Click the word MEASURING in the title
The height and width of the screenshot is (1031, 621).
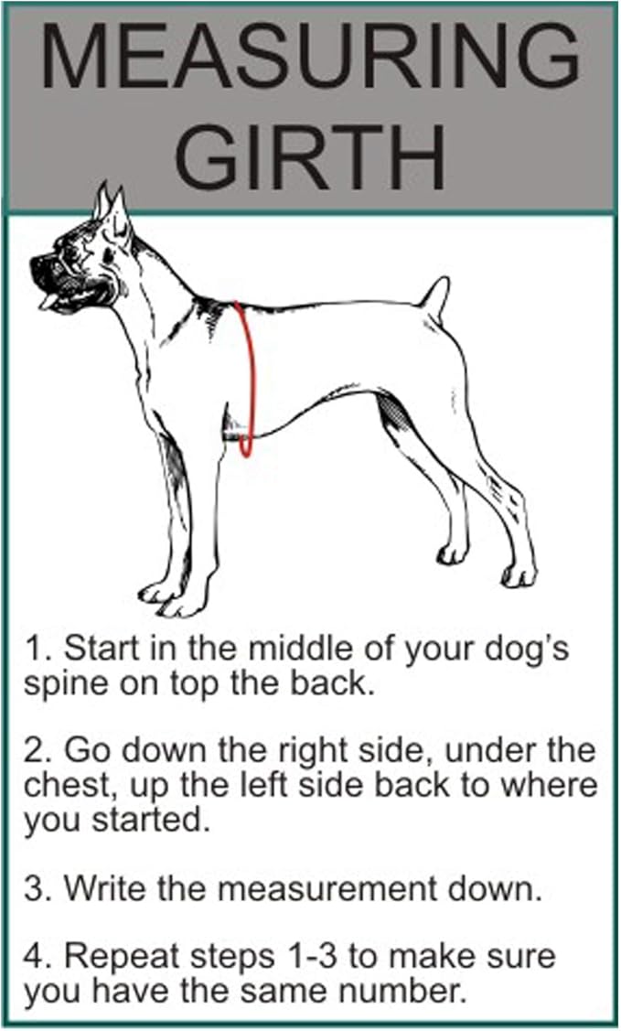[x=310, y=57]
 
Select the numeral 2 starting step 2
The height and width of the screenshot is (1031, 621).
[x=34, y=752]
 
